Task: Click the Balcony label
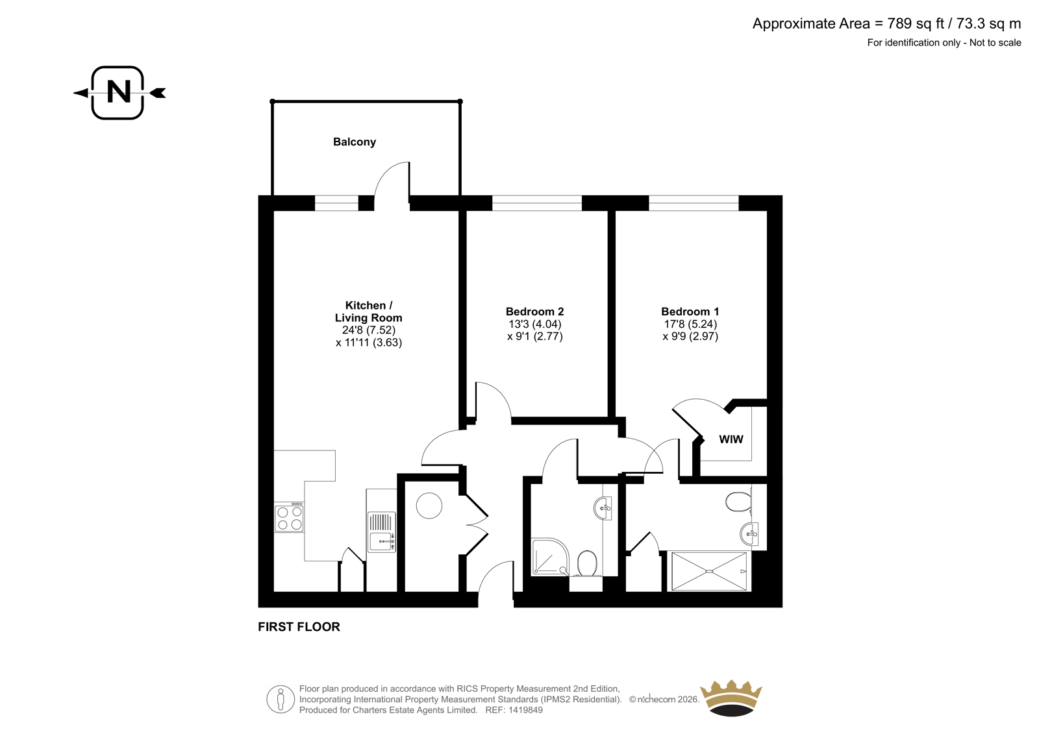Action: [355, 142]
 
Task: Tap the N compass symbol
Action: [118, 93]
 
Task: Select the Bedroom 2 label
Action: [535, 312]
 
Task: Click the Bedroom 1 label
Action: [689, 312]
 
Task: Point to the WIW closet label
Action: [731, 439]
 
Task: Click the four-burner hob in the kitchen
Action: [289, 517]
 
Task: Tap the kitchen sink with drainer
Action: [382, 532]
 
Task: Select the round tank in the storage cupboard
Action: [429, 506]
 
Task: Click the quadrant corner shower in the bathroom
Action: [550, 557]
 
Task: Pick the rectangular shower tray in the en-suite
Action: [709, 571]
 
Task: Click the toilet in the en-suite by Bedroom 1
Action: [738, 502]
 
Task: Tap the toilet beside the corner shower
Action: [587, 563]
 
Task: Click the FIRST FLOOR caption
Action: [299, 627]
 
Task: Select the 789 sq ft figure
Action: [916, 23]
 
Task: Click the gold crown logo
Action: [731, 698]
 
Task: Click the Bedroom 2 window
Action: [536, 203]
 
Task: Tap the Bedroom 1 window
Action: [694, 203]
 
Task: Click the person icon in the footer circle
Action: [280, 699]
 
